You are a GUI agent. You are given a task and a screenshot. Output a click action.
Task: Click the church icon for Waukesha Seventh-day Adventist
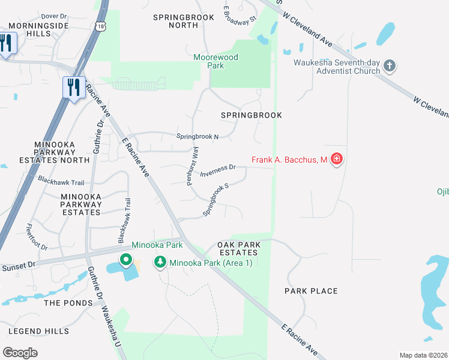[x=390, y=65]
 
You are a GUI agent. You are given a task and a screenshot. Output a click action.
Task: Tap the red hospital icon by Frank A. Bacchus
[x=337, y=159]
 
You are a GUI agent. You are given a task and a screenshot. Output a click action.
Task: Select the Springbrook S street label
[x=216, y=200]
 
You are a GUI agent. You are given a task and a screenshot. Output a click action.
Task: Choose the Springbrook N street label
[x=197, y=136]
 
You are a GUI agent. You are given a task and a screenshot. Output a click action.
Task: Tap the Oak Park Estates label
[x=238, y=248]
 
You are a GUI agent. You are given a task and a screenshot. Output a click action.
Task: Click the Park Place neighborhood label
[x=311, y=291]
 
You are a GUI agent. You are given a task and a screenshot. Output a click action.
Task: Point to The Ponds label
[x=68, y=303]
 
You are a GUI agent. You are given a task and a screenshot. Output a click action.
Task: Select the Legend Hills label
[x=34, y=331]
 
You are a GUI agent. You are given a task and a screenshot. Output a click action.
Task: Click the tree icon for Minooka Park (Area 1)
[x=160, y=262]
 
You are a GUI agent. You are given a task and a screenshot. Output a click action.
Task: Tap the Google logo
[x=20, y=352]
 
